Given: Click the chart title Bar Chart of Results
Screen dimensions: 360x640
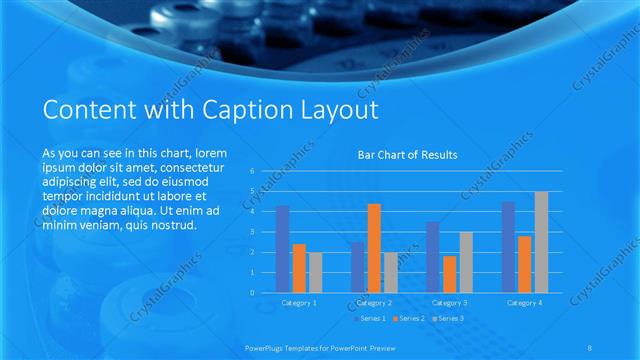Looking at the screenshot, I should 407,155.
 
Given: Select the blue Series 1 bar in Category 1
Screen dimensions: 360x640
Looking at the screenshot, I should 283,249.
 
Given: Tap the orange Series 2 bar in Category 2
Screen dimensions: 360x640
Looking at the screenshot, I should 374,248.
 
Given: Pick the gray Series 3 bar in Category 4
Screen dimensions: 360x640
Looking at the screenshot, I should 541,242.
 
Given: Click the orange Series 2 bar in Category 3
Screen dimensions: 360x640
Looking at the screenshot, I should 450,274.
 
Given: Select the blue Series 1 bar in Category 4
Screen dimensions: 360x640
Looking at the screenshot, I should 508,247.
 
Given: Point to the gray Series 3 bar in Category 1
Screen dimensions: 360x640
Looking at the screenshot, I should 316,272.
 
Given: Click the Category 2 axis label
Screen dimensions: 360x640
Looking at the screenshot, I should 374,302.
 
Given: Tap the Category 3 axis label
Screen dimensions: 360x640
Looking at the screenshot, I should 450,302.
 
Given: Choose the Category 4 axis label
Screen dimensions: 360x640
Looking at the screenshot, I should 525,302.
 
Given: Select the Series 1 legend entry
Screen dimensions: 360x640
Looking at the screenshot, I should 372,318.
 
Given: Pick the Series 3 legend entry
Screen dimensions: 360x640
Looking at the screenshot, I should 448,318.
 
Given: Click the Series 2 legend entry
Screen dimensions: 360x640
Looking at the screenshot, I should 410,318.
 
